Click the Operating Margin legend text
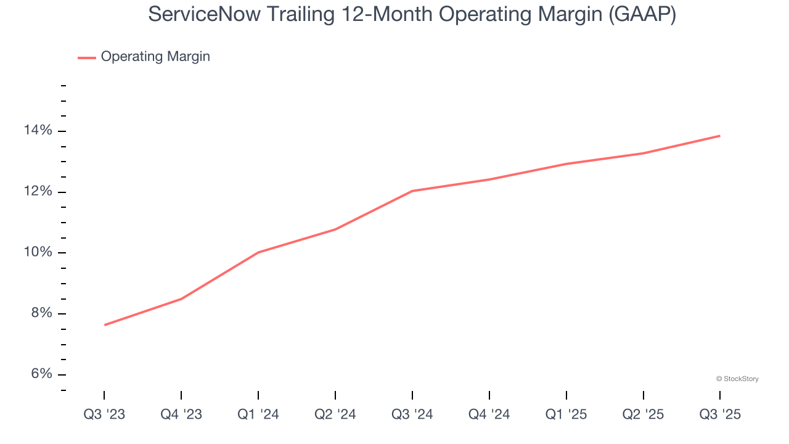(155, 57)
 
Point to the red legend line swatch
(86, 57)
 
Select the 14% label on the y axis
(38, 131)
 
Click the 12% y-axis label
(38, 192)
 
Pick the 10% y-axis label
(38, 253)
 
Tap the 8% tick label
(41, 313)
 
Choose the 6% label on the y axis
(41, 374)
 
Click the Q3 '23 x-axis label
(104, 414)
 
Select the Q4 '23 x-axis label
(181, 414)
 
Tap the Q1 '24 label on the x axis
(258, 414)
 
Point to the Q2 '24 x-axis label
(335, 414)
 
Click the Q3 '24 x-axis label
(412, 414)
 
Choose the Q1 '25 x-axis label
(566, 414)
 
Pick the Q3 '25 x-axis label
(720, 414)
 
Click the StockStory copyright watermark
(737, 379)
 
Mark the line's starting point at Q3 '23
(104, 325)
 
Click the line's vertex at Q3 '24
(412, 191)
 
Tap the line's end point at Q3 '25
(720, 136)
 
